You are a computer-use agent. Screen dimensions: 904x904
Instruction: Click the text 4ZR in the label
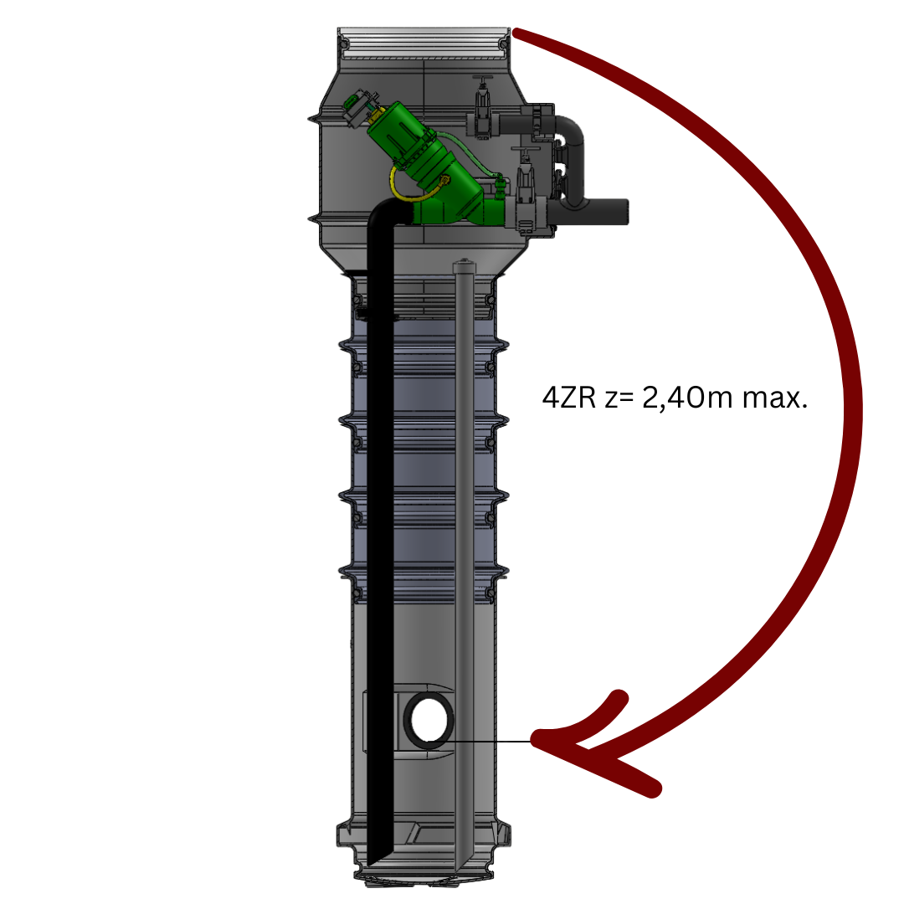point(569,398)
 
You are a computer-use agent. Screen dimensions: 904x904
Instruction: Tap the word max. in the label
point(775,398)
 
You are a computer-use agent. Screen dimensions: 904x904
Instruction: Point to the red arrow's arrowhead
point(593,744)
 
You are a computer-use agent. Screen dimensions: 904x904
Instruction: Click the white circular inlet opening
point(429,720)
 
